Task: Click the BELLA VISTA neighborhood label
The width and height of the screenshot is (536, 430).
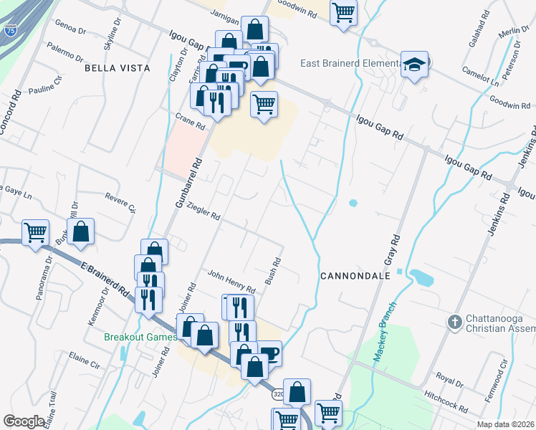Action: coord(118,68)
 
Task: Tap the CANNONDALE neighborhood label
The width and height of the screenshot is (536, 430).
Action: coord(355,275)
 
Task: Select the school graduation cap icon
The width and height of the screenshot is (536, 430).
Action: coord(414,64)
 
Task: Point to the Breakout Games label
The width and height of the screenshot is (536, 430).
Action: coord(140,337)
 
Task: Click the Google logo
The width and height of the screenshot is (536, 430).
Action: coord(24,421)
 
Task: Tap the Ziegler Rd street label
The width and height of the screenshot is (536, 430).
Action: coord(203,211)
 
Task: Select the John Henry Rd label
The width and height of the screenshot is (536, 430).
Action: coord(231,280)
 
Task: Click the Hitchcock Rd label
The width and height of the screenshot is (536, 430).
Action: coord(446,402)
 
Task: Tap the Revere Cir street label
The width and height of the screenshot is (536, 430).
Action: coord(120,202)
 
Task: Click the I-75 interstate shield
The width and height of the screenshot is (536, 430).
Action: coord(10,30)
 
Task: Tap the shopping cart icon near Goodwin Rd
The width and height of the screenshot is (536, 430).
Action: coord(343,11)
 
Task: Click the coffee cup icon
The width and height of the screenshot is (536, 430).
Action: coord(269,352)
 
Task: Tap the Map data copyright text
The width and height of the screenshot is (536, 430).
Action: coord(505,424)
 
